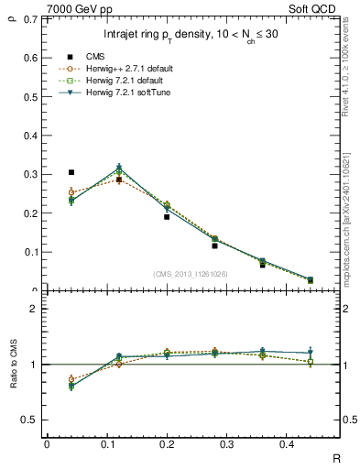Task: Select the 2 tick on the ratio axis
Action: pos(37,309)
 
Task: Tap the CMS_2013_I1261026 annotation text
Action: pos(191,273)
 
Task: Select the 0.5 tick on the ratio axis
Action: pos(32,420)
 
